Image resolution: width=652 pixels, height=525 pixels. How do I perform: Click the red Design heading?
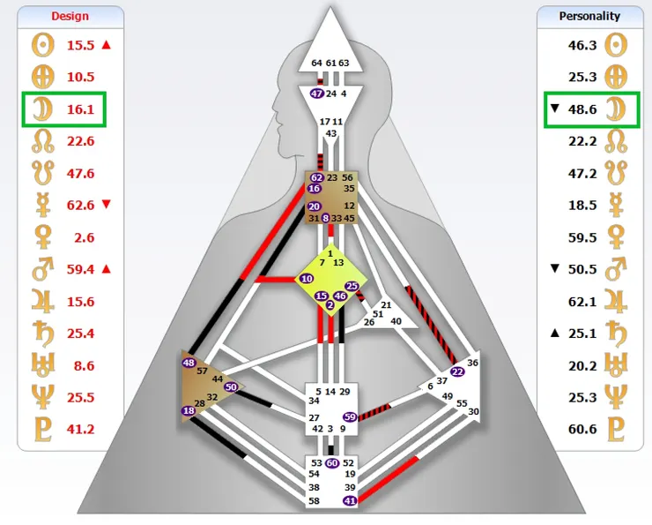tap(70, 16)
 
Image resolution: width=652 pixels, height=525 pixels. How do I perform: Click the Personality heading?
tap(589, 16)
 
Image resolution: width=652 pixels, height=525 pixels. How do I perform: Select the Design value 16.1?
tap(80, 109)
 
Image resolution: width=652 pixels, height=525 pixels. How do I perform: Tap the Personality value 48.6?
tap(582, 109)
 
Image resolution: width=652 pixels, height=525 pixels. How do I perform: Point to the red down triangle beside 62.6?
tap(107, 205)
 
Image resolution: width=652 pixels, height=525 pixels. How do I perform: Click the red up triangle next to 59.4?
tap(107, 268)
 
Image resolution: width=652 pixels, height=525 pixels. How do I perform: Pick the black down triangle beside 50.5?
tap(554, 268)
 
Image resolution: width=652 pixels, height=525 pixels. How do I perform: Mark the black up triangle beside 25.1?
tap(554, 333)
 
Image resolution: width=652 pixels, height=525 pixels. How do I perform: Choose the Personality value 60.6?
tap(582, 429)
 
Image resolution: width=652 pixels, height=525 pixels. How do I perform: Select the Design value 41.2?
tap(80, 429)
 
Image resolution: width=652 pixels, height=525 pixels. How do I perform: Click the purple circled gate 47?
tap(317, 94)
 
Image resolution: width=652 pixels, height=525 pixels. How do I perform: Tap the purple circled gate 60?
tap(332, 462)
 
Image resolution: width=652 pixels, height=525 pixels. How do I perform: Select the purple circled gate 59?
tap(350, 416)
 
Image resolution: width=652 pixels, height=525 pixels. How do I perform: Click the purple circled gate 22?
tap(456, 371)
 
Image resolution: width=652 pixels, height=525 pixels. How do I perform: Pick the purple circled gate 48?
tap(189, 363)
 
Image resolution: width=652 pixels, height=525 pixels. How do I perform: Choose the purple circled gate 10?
tap(307, 279)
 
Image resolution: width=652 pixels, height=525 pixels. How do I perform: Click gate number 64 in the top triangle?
tap(317, 64)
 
